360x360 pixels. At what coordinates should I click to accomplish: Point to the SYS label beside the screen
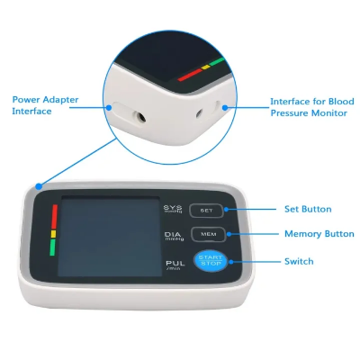[x=172, y=209]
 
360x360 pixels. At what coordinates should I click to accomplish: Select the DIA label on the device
[x=173, y=236]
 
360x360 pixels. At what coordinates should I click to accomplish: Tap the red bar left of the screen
[x=53, y=217]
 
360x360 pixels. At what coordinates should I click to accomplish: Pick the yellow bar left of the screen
[x=53, y=237]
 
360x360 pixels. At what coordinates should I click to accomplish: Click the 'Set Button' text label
[x=308, y=209]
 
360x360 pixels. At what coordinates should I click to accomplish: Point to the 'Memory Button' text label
[x=319, y=234]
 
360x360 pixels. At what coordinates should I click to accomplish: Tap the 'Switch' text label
[x=299, y=261]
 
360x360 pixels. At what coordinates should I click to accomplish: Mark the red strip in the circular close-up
[x=190, y=76]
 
